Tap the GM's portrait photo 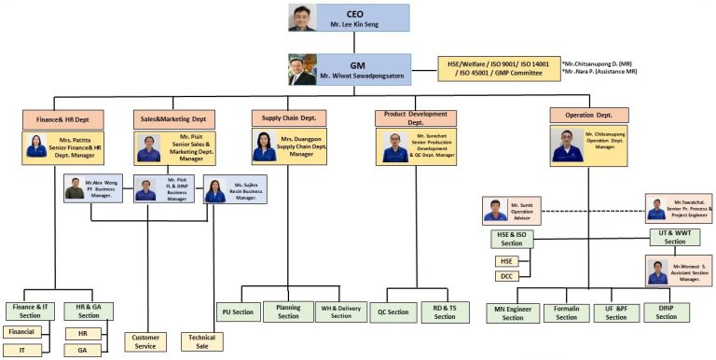coord(303,70)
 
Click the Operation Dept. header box coord(589,116)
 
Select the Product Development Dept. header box coord(416,118)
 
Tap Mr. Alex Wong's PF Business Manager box coord(96,187)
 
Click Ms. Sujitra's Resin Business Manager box coord(235,191)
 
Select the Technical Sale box coord(200,341)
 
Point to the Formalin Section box coord(566,312)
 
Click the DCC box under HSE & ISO coord(507,276)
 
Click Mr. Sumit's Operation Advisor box coord(510,208)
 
